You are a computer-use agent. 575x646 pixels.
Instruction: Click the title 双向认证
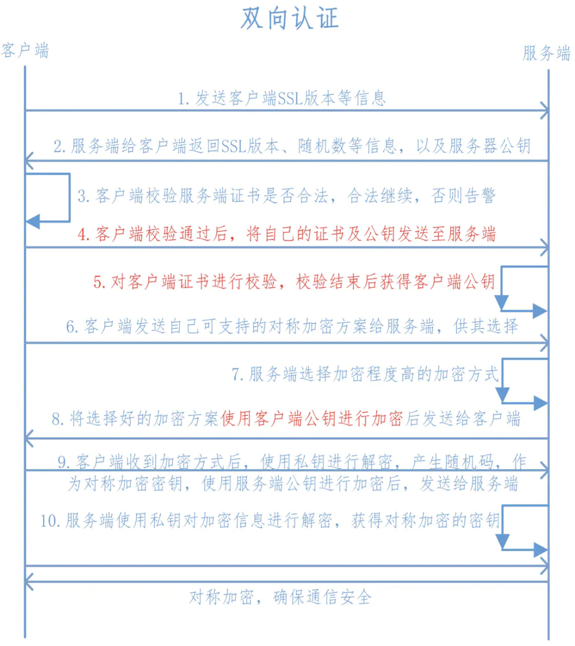[x=290, y=18]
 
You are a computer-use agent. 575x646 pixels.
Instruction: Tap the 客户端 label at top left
[x=25, y=51]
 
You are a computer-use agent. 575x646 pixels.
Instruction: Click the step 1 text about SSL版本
[x=282, y=99]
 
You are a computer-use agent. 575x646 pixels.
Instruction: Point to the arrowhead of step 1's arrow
[x=545, y=111]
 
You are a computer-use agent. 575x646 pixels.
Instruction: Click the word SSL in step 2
[x=234, y=146]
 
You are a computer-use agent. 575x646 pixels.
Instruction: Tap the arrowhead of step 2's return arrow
[x=29, y=161]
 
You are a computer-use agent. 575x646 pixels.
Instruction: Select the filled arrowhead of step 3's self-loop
[x=33, y=222]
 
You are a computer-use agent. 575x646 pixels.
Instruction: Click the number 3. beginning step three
[x=83, y=196]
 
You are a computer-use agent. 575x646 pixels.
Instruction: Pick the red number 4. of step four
[x=83, y=235]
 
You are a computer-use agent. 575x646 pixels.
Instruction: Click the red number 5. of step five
[x=100, y=282]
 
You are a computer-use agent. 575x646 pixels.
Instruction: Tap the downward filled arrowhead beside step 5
[x=502, y=303]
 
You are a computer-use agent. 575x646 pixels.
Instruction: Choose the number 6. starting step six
[x=72, y=327]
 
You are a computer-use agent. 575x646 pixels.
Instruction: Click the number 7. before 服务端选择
[x=238, y=375]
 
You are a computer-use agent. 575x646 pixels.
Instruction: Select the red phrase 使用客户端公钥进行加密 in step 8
[x=312, y=419]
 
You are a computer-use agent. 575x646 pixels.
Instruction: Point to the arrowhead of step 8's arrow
[x=29, y=438]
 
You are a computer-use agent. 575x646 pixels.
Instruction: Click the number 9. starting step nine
[x=64, y=462]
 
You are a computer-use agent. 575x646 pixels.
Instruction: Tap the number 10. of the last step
[x=51, y=521]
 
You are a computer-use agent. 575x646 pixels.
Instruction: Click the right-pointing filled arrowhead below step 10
[x=540, y=550]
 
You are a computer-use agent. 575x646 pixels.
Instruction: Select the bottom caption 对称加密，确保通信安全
[x=281, y=597]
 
